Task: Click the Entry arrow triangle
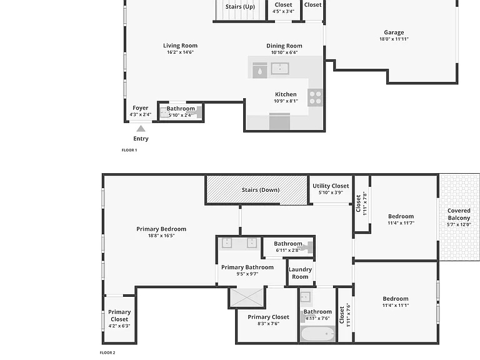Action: click(x=141, y=129)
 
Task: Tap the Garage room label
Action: click(x=394, y=32)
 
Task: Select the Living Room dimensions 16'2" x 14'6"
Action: click(x=180, y=52)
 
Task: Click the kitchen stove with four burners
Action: click(x=315, y=97)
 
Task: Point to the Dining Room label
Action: click(x=284, y=46)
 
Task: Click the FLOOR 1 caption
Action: click(x=129, y=150)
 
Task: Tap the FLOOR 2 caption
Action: click(x=107, y=352)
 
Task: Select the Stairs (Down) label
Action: click(x=261, y=190)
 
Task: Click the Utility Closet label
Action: click(x=331, y=186)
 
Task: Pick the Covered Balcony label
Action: click(x=459, y=214)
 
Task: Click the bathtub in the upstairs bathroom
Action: click(x=317, y=334)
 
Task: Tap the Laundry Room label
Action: click(x=300, y=273)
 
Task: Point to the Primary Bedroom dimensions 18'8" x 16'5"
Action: click(x=161, y=236)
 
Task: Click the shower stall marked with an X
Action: click(x=247, y=297)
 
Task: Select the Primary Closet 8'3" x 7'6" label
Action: click(x=269, y=320)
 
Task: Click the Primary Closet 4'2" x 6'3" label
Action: click(x=119, y=319)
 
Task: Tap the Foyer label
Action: click(x=141, y=108)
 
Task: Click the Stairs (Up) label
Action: click(x=240, y=7)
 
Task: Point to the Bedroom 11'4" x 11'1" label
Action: click(x=396, y=301)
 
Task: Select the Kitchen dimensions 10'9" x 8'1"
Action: click(x=286, y=101)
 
